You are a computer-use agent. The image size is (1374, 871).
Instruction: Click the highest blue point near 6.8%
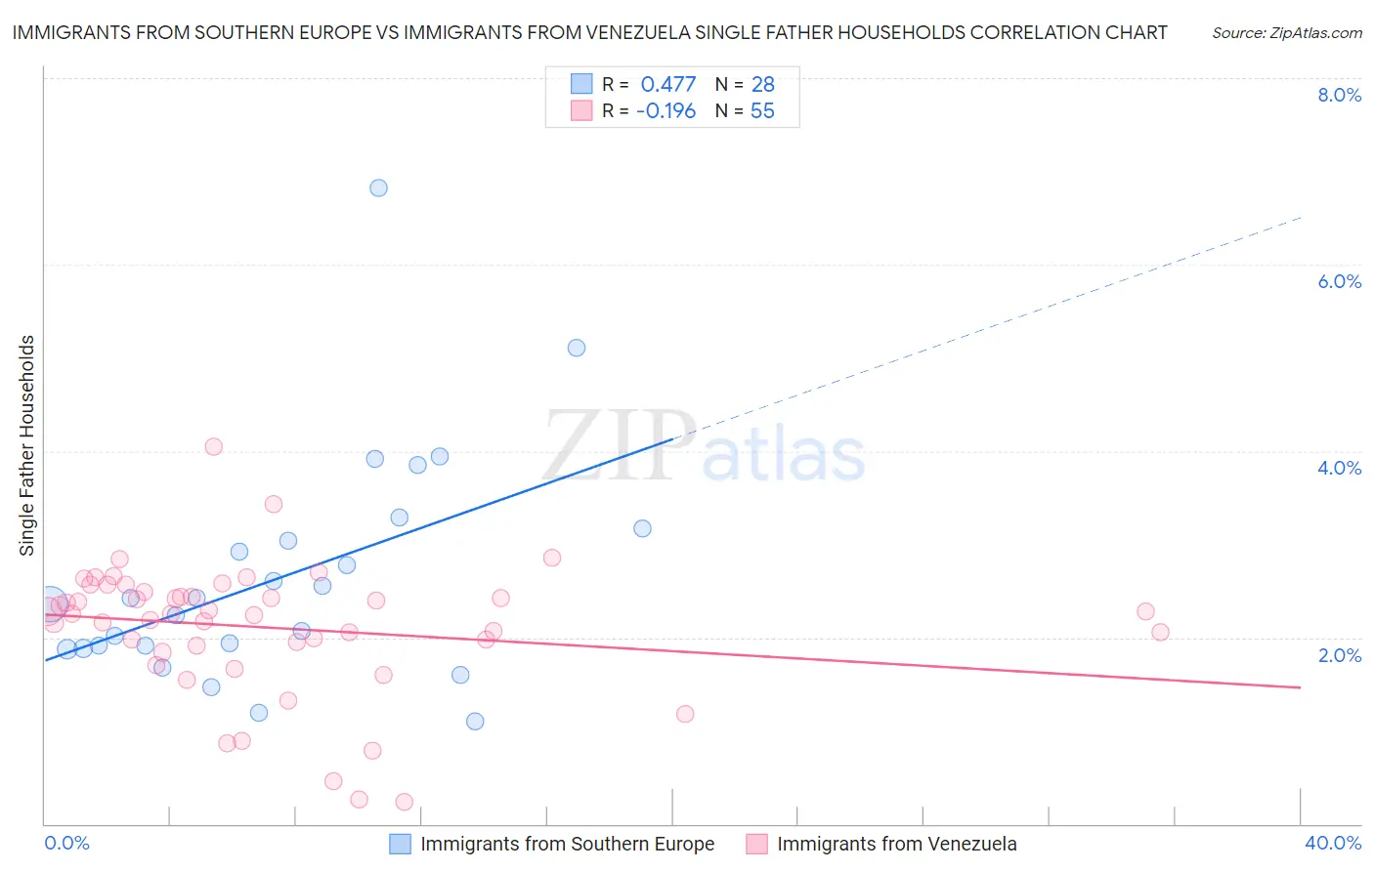tap(378, 187)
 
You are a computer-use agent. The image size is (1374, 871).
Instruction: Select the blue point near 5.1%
tap(577, 348)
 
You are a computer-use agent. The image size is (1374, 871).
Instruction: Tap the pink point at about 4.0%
tap(213, 446)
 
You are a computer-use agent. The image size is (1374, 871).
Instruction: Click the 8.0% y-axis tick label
tap(1339, 95)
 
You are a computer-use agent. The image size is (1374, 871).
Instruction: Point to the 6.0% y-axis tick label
tap(1339, 281)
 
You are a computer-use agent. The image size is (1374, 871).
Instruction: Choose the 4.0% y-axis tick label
tap(1339, 468)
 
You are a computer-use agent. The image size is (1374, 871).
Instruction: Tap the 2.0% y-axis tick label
tap(1339, 655)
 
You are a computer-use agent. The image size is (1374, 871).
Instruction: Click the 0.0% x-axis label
tap(66, 843)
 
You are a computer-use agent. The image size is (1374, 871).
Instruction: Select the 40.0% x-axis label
tap(1333, 843)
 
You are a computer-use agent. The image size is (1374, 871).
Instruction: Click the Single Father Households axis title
tap(27, 445)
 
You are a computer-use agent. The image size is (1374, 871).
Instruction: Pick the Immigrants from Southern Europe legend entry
tap(567, 844)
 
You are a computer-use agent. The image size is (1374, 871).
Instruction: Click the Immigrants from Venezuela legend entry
tap(896, 844)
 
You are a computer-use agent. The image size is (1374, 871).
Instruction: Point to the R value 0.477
tap(668, 85)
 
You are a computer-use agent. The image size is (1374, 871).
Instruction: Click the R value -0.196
tap(666, 111)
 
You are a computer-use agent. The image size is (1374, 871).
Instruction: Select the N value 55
tap(762, 111)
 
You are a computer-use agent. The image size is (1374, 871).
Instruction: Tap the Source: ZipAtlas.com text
tap(1286, 33)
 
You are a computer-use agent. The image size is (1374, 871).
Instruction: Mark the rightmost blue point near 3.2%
tap(642, 528)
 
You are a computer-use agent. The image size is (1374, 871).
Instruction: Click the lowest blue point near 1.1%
tap(475, 722)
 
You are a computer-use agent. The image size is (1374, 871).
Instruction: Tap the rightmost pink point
tap(1160, 632)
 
